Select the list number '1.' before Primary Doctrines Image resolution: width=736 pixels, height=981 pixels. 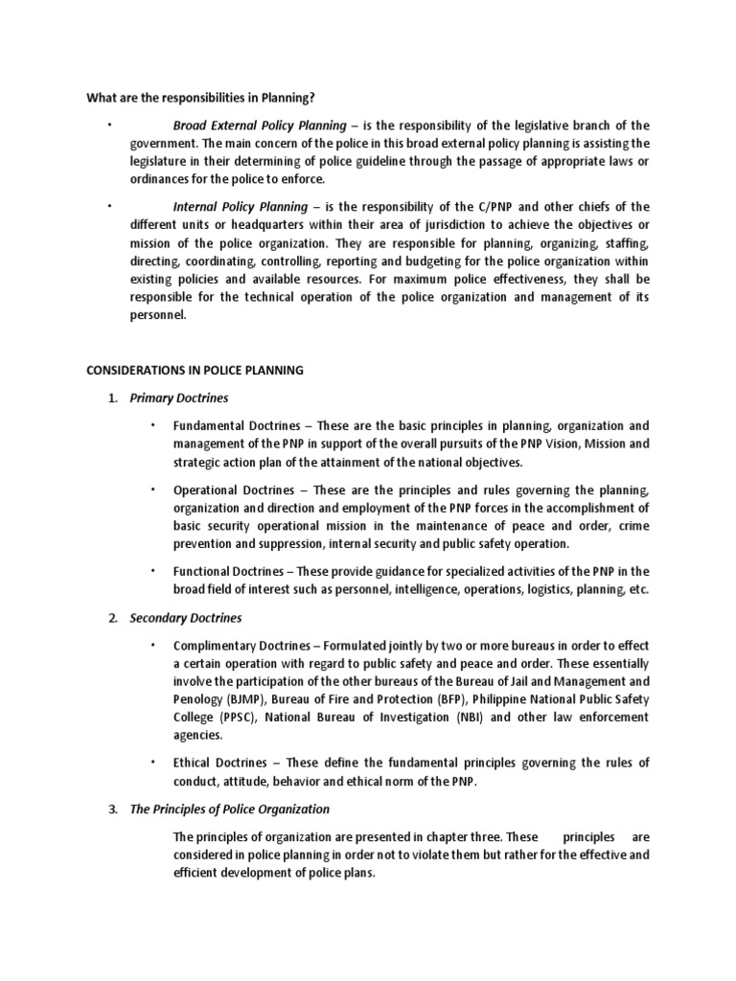point(112,398)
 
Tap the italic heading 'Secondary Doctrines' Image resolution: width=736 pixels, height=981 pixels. point(186,617)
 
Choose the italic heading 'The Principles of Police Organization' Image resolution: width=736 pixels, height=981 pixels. point(229,809)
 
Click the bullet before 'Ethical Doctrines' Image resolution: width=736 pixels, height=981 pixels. point(151,763)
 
